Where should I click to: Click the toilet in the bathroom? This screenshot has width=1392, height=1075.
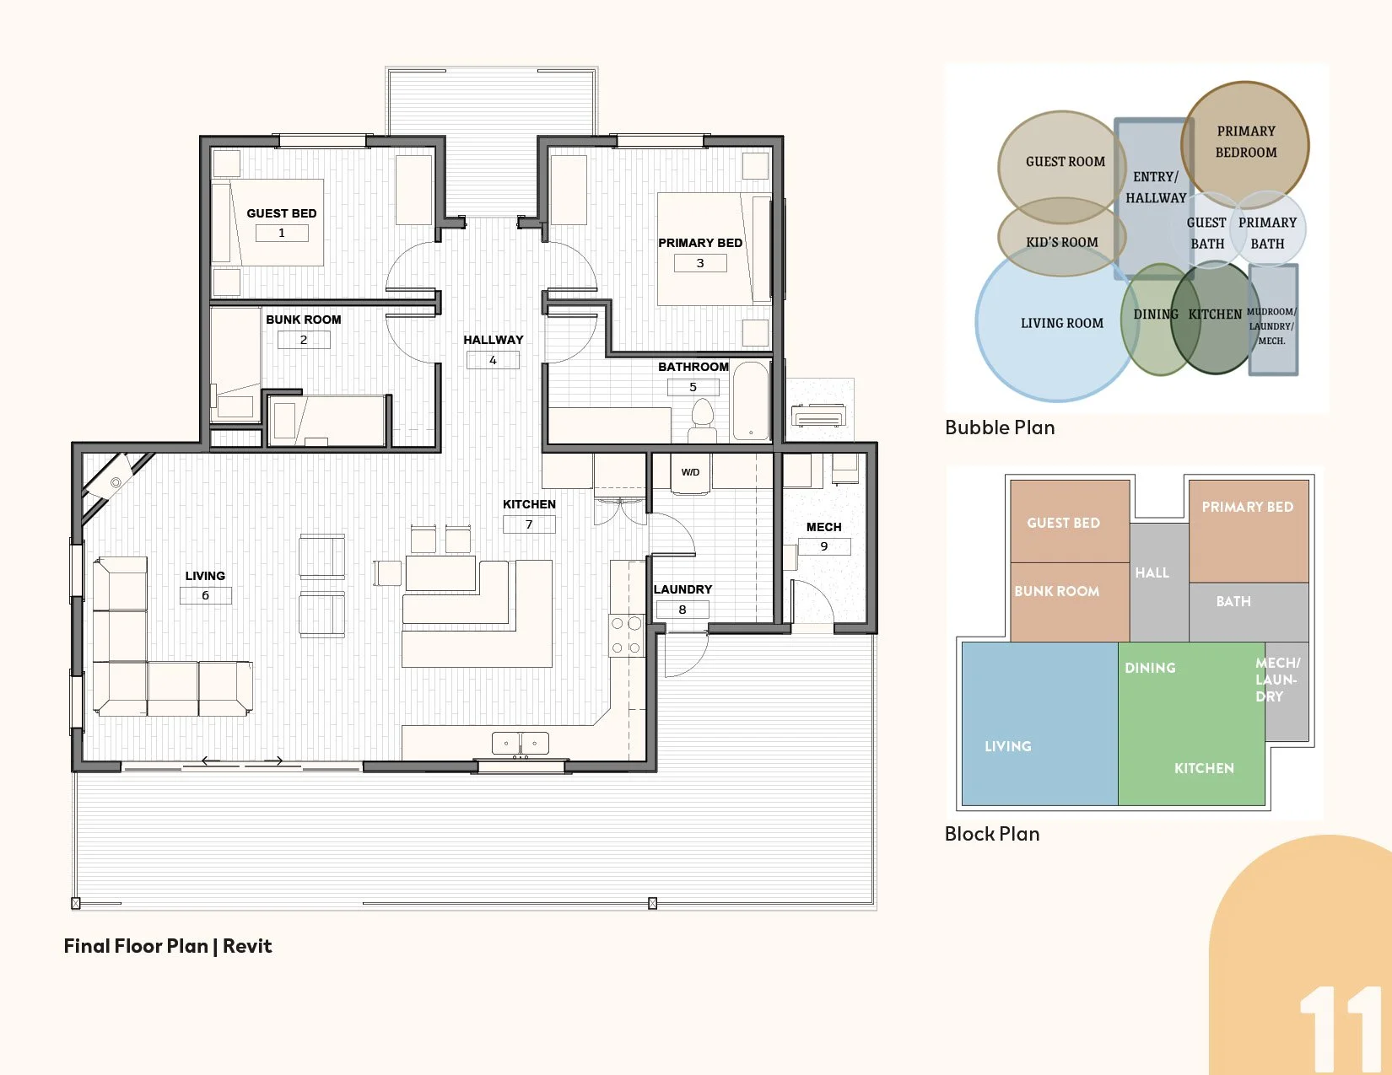703,420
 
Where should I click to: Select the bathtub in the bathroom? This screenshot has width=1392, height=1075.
751,401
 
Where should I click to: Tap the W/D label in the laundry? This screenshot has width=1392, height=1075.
690,472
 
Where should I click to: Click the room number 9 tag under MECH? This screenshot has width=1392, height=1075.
823,546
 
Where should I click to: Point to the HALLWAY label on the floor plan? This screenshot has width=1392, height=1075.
494,340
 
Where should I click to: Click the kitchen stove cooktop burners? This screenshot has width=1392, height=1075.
626,636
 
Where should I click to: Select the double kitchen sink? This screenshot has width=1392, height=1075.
521,744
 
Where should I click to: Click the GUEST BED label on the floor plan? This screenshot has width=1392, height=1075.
282,213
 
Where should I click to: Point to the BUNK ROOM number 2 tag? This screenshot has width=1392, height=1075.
304,339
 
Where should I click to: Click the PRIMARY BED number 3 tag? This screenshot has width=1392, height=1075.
700,263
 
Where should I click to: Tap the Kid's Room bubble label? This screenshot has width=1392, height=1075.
1062,242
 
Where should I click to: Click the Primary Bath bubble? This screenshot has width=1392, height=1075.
1268,228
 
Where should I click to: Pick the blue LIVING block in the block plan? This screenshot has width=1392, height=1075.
1039,723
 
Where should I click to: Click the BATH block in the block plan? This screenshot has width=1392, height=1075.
1249,612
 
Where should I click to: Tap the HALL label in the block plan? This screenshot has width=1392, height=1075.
1152,572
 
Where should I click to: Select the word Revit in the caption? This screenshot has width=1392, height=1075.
247,946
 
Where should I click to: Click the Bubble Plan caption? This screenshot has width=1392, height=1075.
1000,427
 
